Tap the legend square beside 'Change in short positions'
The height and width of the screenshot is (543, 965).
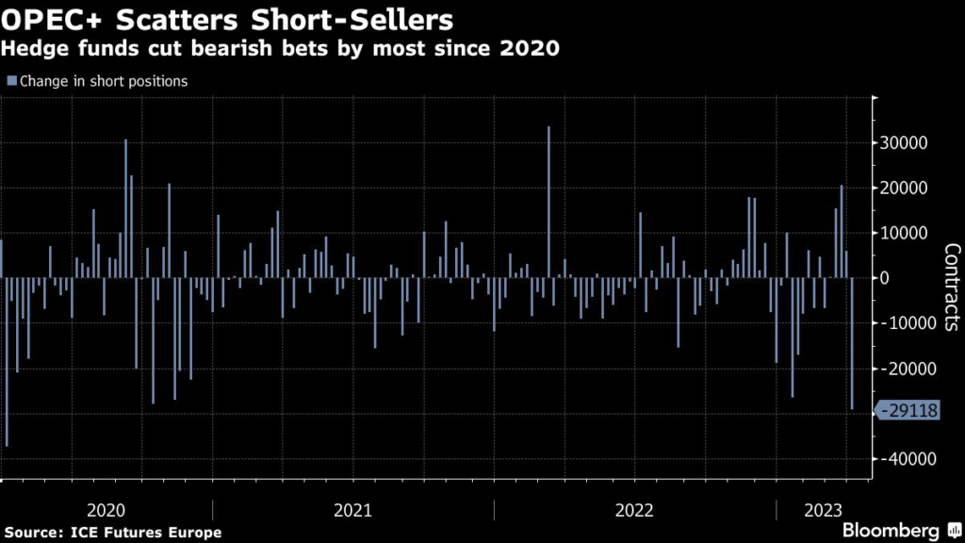tap(10, 81)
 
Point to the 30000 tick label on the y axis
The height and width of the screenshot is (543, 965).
tap(906, 143)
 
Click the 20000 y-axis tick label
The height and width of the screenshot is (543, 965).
tap(906, 189)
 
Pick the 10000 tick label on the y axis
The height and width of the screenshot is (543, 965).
tap(906, 233)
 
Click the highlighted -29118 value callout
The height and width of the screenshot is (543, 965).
tap(910, 411)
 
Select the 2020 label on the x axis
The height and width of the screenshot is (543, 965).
tap(106, 510)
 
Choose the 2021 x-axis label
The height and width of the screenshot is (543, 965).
tap(352, 510)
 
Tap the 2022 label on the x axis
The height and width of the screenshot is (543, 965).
tap(634, 510)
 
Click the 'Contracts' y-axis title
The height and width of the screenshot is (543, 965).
tap(951, 287)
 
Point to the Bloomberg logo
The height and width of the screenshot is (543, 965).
tap(890, 530)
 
